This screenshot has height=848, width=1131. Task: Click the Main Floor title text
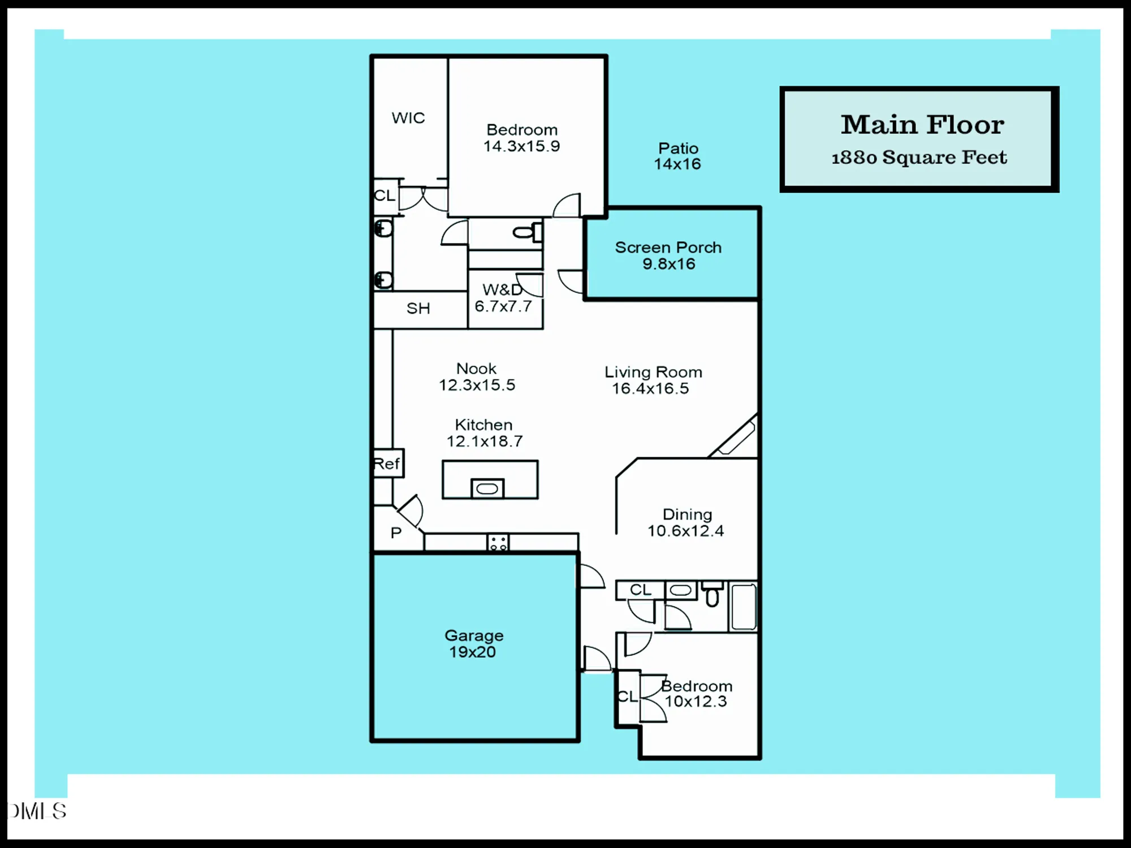(922, 124)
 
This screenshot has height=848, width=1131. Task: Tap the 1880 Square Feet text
(919, 157)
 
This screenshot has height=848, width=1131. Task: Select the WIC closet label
(408, 118)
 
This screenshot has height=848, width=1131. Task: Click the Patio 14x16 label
(677, 156)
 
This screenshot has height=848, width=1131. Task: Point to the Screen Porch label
(668, 248)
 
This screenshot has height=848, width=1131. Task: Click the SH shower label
(418, 308)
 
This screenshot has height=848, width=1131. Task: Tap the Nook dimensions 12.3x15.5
(477, 385)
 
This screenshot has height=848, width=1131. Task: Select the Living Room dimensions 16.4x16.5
(650, 388)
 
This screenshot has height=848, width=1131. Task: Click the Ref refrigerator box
(387, 464)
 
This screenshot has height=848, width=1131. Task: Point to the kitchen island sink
(487, 488)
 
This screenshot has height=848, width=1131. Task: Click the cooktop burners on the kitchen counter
(498, 543)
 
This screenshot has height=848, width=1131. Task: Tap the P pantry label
(396, 533)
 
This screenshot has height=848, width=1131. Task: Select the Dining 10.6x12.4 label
(686, 522)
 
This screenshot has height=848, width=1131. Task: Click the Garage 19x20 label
(473, 643)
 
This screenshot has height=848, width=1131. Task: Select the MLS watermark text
(37, 811)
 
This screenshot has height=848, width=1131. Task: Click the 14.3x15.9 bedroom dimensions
(521, 146)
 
